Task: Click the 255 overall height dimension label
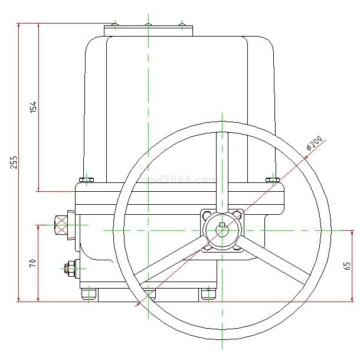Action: coord(14,162)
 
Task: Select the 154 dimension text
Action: coord(34,107)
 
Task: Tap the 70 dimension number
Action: coord(33,263)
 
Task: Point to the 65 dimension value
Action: coord(348,266)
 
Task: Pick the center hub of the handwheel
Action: coord(222,230)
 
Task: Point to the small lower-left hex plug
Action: coord(70,269)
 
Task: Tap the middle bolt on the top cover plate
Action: coord(148,25)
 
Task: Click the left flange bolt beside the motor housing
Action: coord(86,179)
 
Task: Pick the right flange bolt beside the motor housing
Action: coord(272,179)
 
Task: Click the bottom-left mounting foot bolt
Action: coord(89,293)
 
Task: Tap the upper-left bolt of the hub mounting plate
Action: coord(206,214)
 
